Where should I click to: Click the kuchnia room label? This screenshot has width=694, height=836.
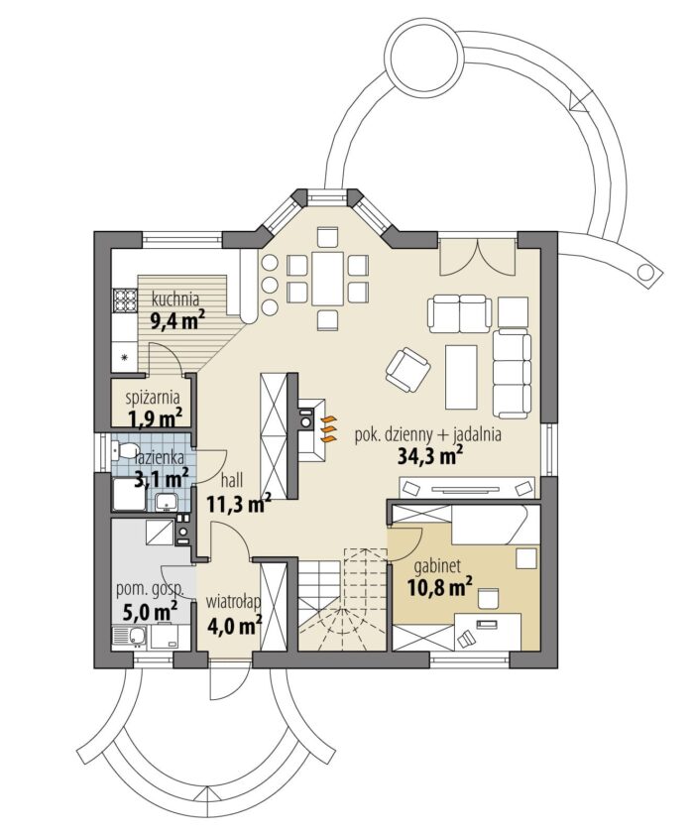tap(175, 298)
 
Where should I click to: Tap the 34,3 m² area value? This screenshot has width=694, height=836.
tap(430, 456)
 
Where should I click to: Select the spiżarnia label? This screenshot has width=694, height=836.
tap(153, 398)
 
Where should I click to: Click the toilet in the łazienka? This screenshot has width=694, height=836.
tap(124, 451)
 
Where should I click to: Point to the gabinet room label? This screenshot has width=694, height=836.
tap(437, 565)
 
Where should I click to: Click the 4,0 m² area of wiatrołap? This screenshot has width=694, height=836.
tap(233, 624)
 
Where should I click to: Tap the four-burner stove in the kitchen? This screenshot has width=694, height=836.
tap(125, 299)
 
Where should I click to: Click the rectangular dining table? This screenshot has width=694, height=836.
tap(327, 279)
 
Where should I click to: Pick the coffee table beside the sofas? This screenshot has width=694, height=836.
tap(461, 377)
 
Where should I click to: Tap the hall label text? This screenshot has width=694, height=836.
tap(231, 480)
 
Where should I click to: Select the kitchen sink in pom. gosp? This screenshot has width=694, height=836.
tap(131, 637)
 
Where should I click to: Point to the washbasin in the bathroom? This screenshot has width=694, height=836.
tap(167, 501)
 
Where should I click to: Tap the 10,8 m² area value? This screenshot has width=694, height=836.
tap(440, 587)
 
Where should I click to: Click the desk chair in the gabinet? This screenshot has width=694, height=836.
tap(488, 598)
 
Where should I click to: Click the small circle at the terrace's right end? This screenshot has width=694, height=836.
tap(646, 272)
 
